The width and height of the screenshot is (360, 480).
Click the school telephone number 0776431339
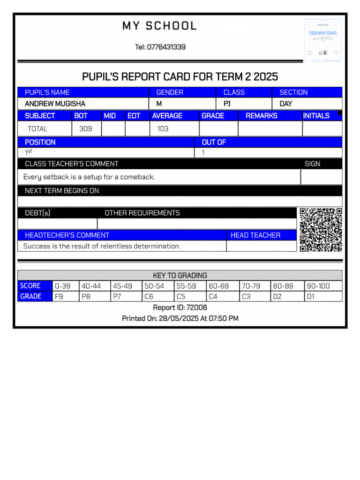pos(166,47)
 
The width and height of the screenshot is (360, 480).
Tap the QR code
pos(321,230)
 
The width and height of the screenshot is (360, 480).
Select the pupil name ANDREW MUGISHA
pos(55,104)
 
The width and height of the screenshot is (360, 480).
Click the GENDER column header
pos(170,92)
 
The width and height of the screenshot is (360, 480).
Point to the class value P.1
pos(227,104)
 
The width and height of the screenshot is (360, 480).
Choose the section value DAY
pos(286,104)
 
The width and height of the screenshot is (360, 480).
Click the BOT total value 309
pos(86,128)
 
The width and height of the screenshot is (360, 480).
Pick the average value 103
pos(163,128)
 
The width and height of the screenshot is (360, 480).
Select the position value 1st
pos(29,152)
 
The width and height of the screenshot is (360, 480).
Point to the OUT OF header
pos(214,142)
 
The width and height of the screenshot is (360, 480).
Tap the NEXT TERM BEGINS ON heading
pos(62,191)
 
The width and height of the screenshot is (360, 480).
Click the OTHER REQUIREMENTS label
pos(142,213)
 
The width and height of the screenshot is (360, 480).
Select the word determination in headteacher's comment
pos(157,246)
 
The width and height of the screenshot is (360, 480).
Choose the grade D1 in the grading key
pos(311,296)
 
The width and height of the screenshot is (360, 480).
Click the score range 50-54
pos(154,286)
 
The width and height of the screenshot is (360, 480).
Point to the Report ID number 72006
pos(196,307)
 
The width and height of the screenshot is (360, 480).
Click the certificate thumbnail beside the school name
pos(323,40)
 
